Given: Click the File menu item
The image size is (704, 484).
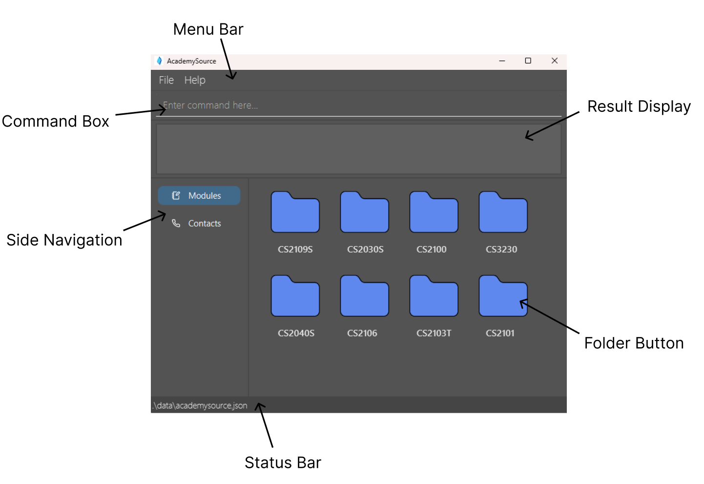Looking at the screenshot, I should coord(166,80).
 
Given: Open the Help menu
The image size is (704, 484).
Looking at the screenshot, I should coord(195,80).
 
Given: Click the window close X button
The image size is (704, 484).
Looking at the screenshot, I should coord(554,61).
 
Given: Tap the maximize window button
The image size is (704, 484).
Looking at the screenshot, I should coord(528,61).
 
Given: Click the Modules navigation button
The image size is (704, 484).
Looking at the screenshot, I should coord(199,195).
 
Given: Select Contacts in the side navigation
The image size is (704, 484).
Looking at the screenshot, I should coord(199,223).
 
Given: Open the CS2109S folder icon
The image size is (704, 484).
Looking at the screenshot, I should coord(295,213).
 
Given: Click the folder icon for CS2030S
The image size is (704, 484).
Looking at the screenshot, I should coord(364,213).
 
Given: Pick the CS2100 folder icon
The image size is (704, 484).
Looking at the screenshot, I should coord(434,213).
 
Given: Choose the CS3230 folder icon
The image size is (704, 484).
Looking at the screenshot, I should coord(503,213).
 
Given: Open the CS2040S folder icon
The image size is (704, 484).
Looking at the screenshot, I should coord(295,297).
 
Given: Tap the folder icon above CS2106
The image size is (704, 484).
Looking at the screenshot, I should coord(364,297).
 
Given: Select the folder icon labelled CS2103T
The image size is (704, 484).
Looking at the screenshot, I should coord(434,297).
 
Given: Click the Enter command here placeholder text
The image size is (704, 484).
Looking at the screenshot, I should coord(210,105).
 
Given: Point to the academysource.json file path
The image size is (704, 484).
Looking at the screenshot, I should coord(200,405).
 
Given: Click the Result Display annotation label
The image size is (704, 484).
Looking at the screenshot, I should coord(639,106).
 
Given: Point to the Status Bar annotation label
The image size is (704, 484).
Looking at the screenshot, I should coord(283,463).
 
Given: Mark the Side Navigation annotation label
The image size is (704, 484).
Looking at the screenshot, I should coord(64,240).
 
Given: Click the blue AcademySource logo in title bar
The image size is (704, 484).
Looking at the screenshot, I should coord(159,61).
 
